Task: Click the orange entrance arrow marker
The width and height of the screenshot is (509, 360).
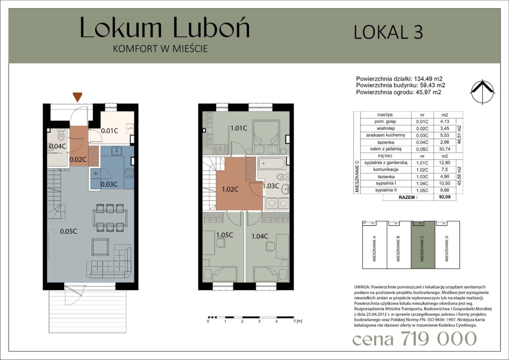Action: point(77,97)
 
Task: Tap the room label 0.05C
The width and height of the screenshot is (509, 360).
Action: point(69,231)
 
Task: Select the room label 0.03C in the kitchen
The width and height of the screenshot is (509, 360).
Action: point(109,184)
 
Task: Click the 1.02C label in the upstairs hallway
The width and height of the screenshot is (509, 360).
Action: point(230,189)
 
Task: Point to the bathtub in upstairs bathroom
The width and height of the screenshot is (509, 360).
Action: point(272,163)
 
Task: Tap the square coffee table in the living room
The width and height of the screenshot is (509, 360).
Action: point(100,247)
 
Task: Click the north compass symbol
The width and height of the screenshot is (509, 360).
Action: point(482,92)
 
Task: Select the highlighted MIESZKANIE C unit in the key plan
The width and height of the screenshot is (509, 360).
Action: point(423,245)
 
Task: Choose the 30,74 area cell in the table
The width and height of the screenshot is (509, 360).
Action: point(445,149)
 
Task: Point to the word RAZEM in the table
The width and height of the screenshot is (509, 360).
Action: point(408,197)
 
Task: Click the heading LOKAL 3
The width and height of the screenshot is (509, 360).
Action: point(388,32)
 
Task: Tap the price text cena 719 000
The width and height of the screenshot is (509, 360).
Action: point(415,339)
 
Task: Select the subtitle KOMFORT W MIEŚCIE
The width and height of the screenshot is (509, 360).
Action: point(161,49)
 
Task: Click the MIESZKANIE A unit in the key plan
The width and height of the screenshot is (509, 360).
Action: point(375,245)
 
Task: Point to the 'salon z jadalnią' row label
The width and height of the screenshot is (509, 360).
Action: point(386,149)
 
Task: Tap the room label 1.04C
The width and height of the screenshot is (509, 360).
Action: point(259,236)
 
